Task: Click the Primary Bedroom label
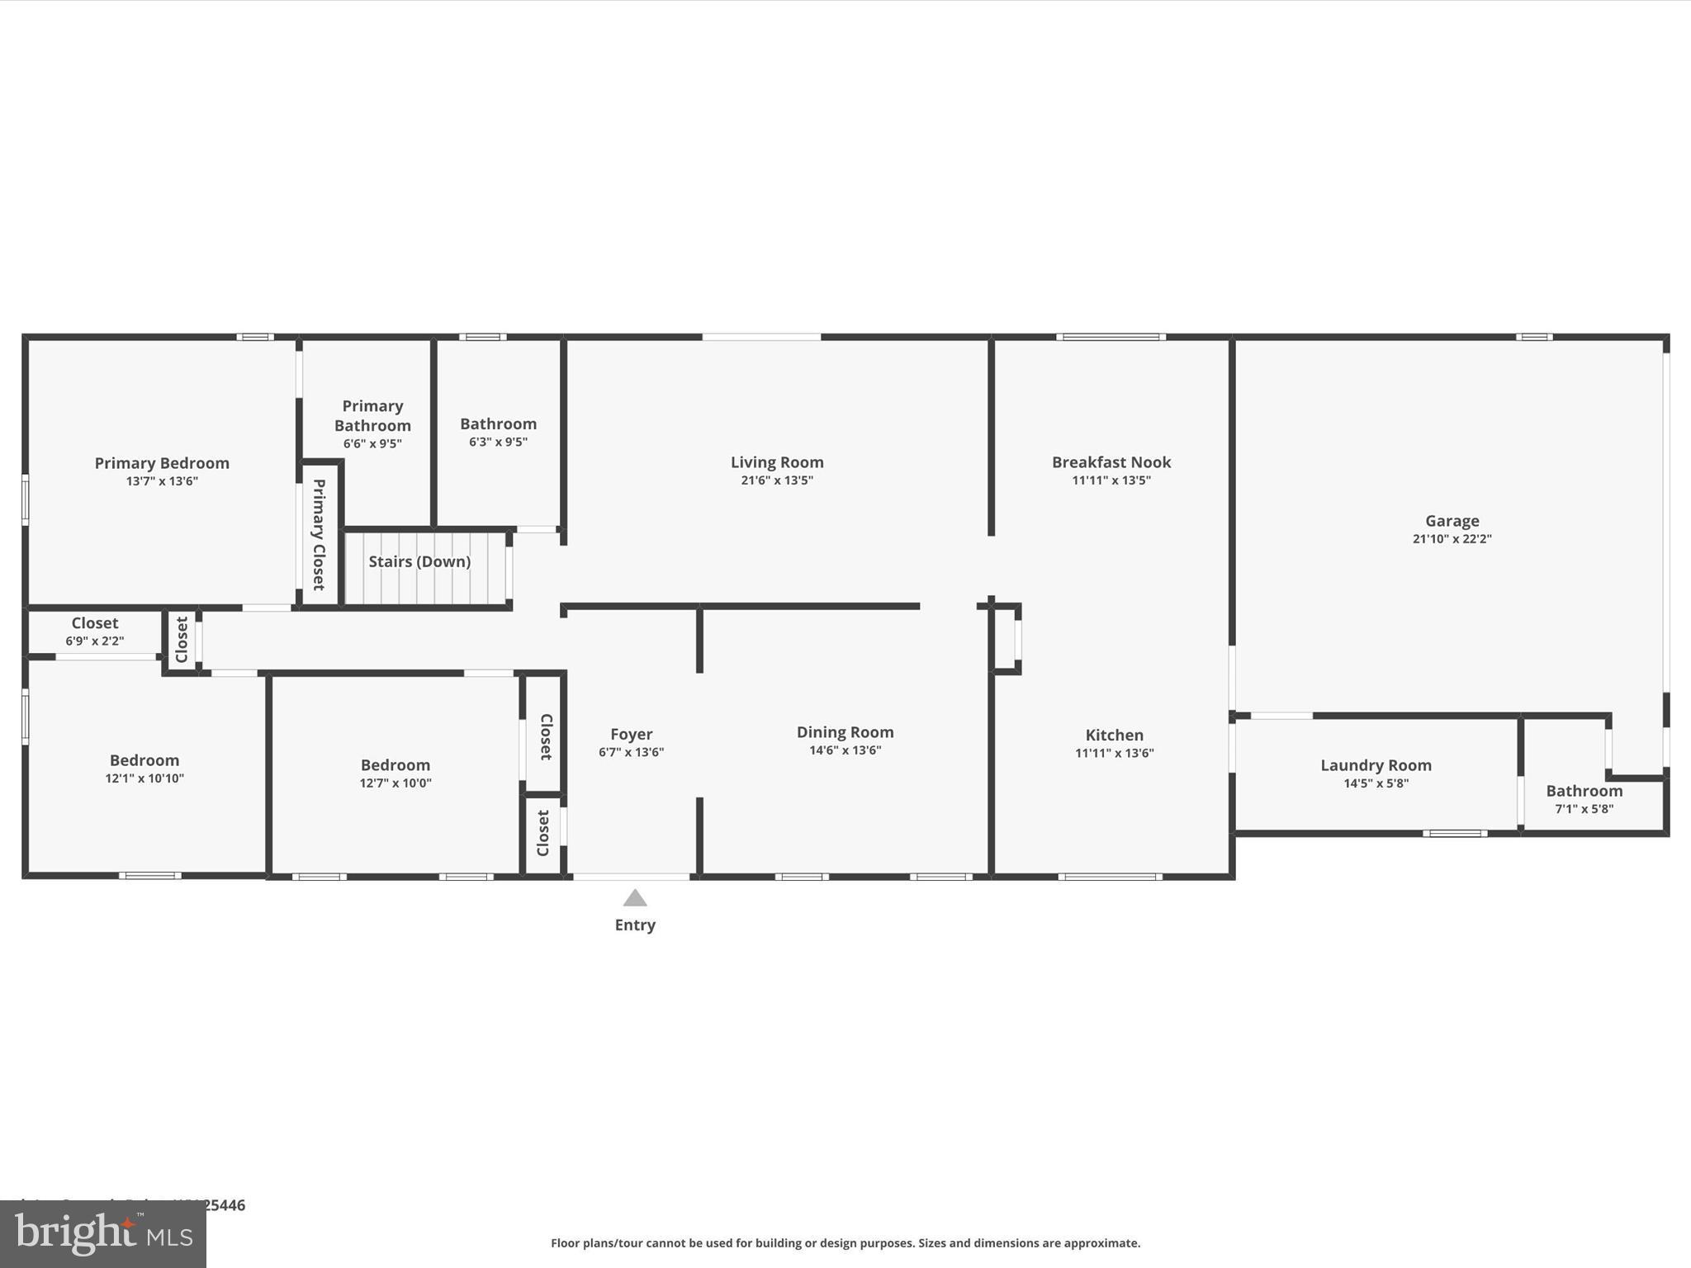click(x=162, y=463)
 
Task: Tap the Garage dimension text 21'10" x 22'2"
click(x=1452, y=539)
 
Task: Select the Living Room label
click(x=777, y=462)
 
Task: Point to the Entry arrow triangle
click(x=634, y=898)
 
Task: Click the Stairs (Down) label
click(x=419, y=561)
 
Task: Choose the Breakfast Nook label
click(x=1111, y=462)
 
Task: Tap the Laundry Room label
click(x=1376, y=765)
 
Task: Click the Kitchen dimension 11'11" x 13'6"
click(x=1114, y=753)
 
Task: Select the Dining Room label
click(x=845, y=732)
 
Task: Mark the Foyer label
click(x=632, y=734)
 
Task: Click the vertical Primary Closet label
click(x=319, y=534)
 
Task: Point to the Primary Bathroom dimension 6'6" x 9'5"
click(x=372, y=444)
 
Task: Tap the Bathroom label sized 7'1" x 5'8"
click(x=1584, y=791)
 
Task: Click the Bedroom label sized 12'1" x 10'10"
click(x=144, y=760)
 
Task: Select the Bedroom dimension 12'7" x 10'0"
click(x=396, y=783)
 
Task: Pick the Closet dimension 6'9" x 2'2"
click(x=95, y=641)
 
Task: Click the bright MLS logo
click(x=103, y=1234)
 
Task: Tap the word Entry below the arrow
click(x=635, y=925)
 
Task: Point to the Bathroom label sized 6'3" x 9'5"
click(x=498, y=423)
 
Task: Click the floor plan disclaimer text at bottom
click(x=845, y=1243)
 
